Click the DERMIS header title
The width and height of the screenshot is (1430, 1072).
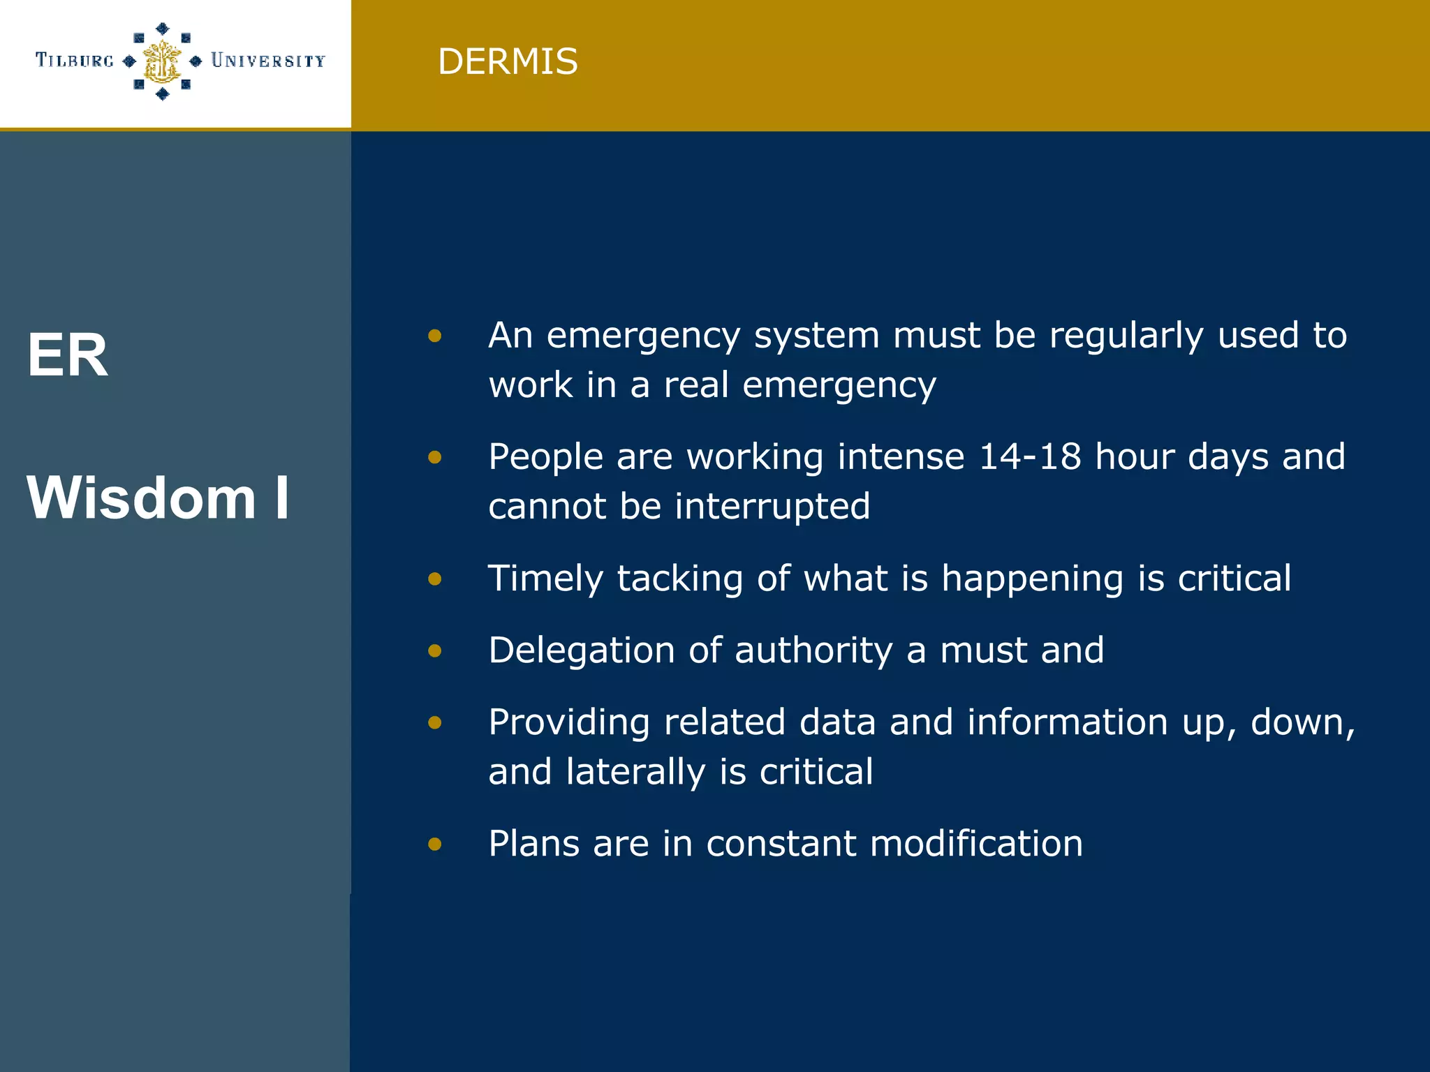tap(508, 61)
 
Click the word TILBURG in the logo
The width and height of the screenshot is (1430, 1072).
tap(75, 61)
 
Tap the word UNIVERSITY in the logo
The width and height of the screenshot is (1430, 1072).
tap(268, 61)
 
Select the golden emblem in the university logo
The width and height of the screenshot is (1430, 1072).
tap(162, 61)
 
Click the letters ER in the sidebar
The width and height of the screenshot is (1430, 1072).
tap(68, 355)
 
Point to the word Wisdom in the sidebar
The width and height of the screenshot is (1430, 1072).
tap(142, 498)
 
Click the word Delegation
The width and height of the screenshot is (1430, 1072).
tap(582, 650)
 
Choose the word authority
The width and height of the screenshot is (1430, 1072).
tap(813, 650)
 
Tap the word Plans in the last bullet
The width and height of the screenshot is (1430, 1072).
tap(533, 843)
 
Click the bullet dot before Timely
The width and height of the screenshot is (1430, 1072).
tap(435, 579)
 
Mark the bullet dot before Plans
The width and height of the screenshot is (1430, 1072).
tap(435, 844)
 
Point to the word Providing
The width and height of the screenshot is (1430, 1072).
tap(569, 722)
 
